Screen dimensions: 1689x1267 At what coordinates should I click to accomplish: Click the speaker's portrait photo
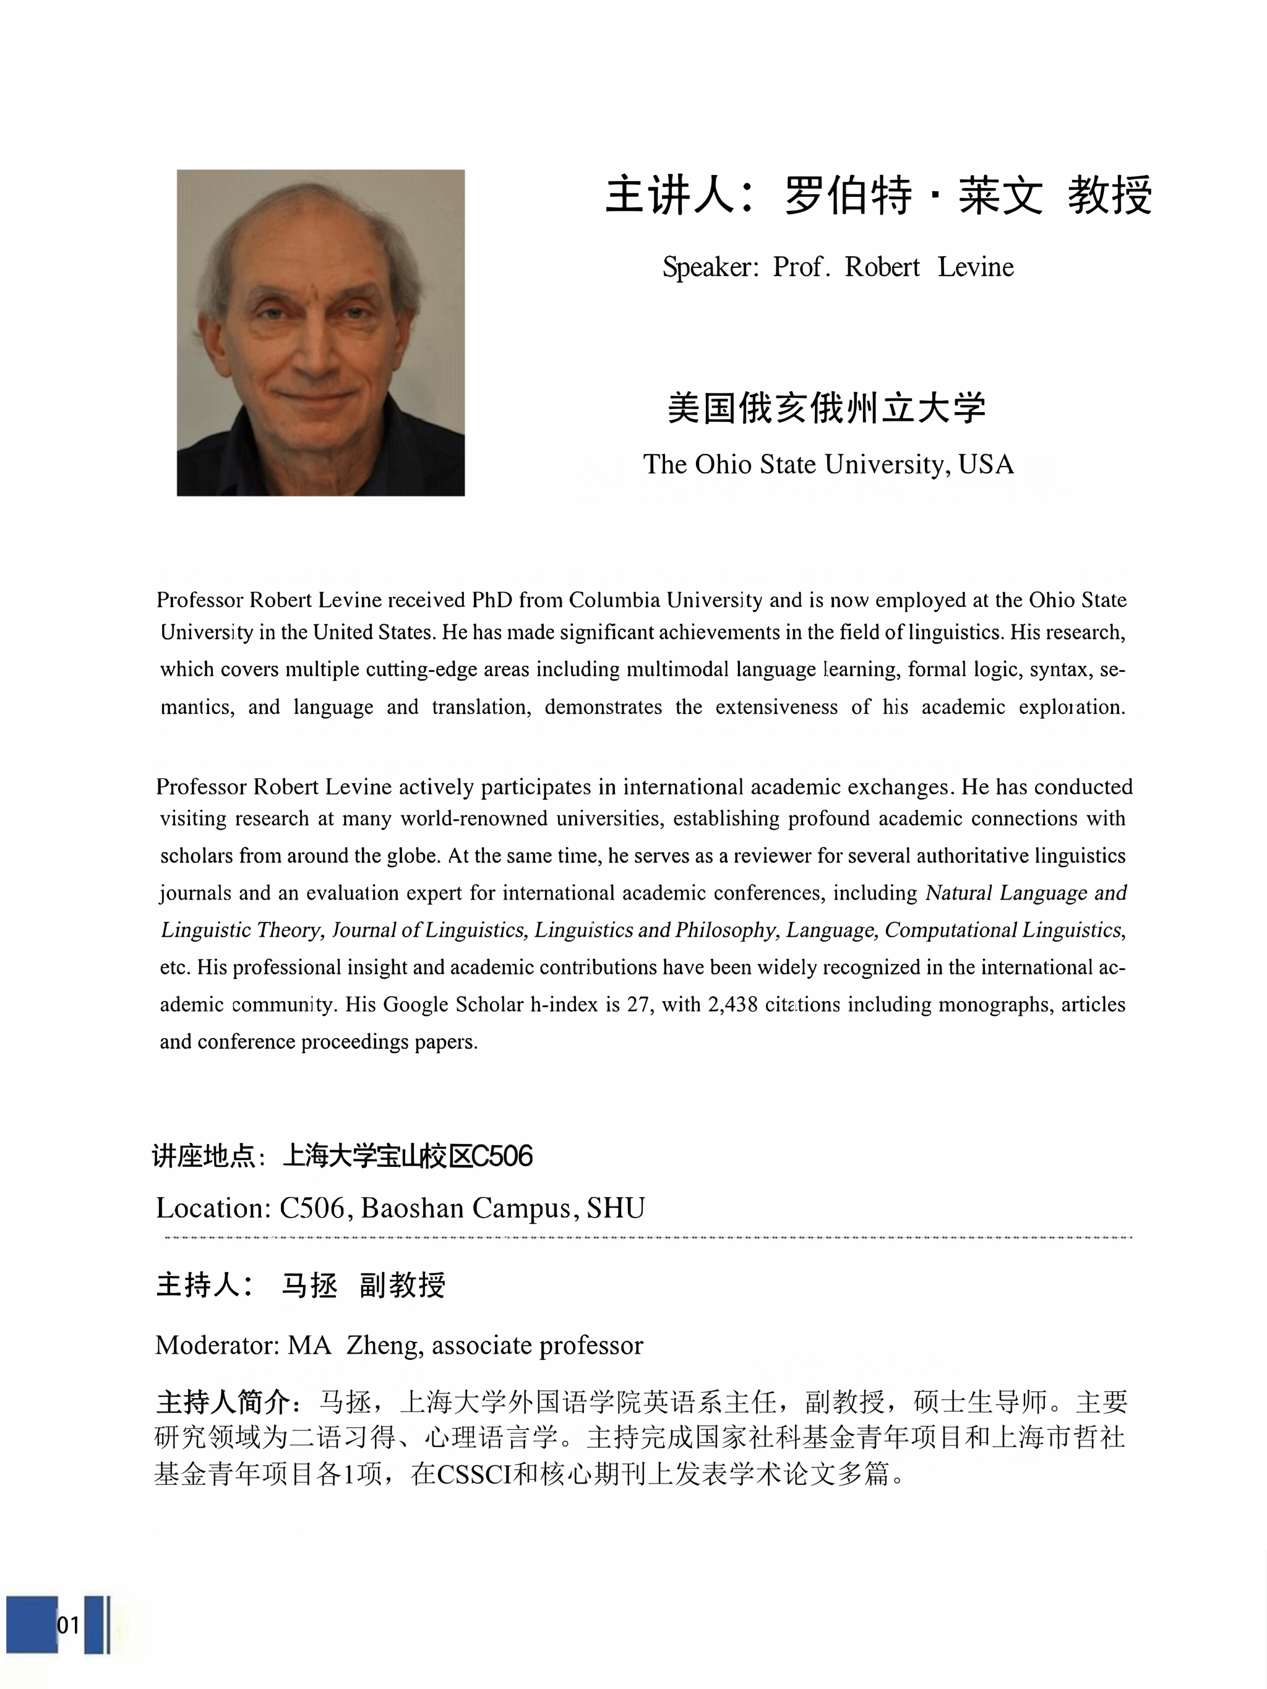pyautogui.click(x=320, y=332)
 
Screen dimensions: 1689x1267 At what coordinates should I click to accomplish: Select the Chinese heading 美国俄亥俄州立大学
pyautogui.click(x=827, y=408)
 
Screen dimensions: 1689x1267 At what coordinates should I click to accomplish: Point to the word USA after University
pyautogui.click(x=986, y=464)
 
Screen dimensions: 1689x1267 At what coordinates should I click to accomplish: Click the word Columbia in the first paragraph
pyautogui.click(x=614, y=600)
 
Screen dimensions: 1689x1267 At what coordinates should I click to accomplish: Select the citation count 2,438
pyautogui.click(x=732, y=1004)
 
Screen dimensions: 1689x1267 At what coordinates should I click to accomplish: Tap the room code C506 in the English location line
pyautogui.click(x=312, y=1208)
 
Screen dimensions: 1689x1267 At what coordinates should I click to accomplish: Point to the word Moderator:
pyautogui.click(x=217, y=1344)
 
